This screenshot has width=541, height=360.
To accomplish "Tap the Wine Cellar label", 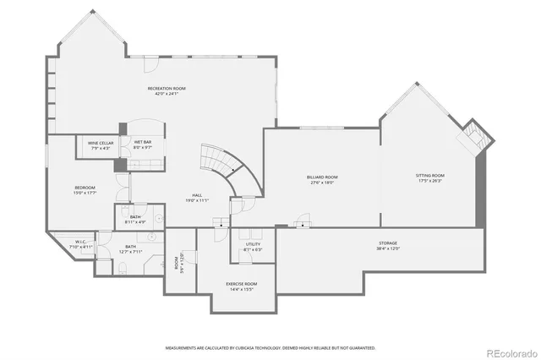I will [101, 143].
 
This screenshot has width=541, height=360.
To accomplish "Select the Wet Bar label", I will [142, 143].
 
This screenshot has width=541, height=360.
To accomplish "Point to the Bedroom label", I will [85, 187].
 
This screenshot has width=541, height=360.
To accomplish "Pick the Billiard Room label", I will [322, 177].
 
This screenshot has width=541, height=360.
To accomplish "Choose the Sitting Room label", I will [430, 175].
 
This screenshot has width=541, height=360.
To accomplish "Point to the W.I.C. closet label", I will [80, 242].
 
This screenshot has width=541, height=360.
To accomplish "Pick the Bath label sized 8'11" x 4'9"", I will [135, 217].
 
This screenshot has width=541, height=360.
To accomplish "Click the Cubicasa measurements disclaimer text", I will [270, 346].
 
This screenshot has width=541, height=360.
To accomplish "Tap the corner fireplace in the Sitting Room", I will [471, 136].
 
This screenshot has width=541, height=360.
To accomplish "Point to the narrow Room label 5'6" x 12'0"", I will [178, 263].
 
